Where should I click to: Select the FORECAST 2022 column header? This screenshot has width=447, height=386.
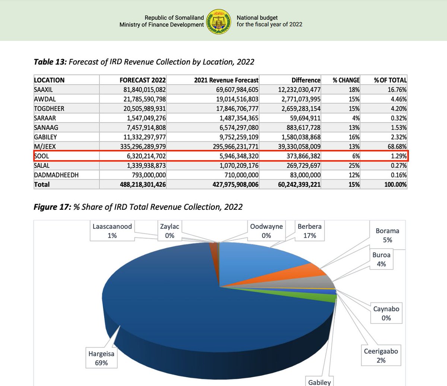(x=143, y=80)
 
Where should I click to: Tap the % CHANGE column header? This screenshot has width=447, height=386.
(x=346, y=80)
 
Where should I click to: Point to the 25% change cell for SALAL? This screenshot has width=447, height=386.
(x=354, y=165)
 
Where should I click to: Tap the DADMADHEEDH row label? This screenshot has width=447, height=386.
(x=56, y=175)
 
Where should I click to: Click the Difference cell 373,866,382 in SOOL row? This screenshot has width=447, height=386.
(x=299, y=156)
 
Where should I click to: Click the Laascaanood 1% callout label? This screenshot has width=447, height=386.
(x=112, y=231)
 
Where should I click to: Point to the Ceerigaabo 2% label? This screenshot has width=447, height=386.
(x=381, y=356)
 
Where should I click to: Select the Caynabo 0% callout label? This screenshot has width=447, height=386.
(x=386, y=313)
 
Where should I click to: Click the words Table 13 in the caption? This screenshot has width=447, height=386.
(x=50, y=62)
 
